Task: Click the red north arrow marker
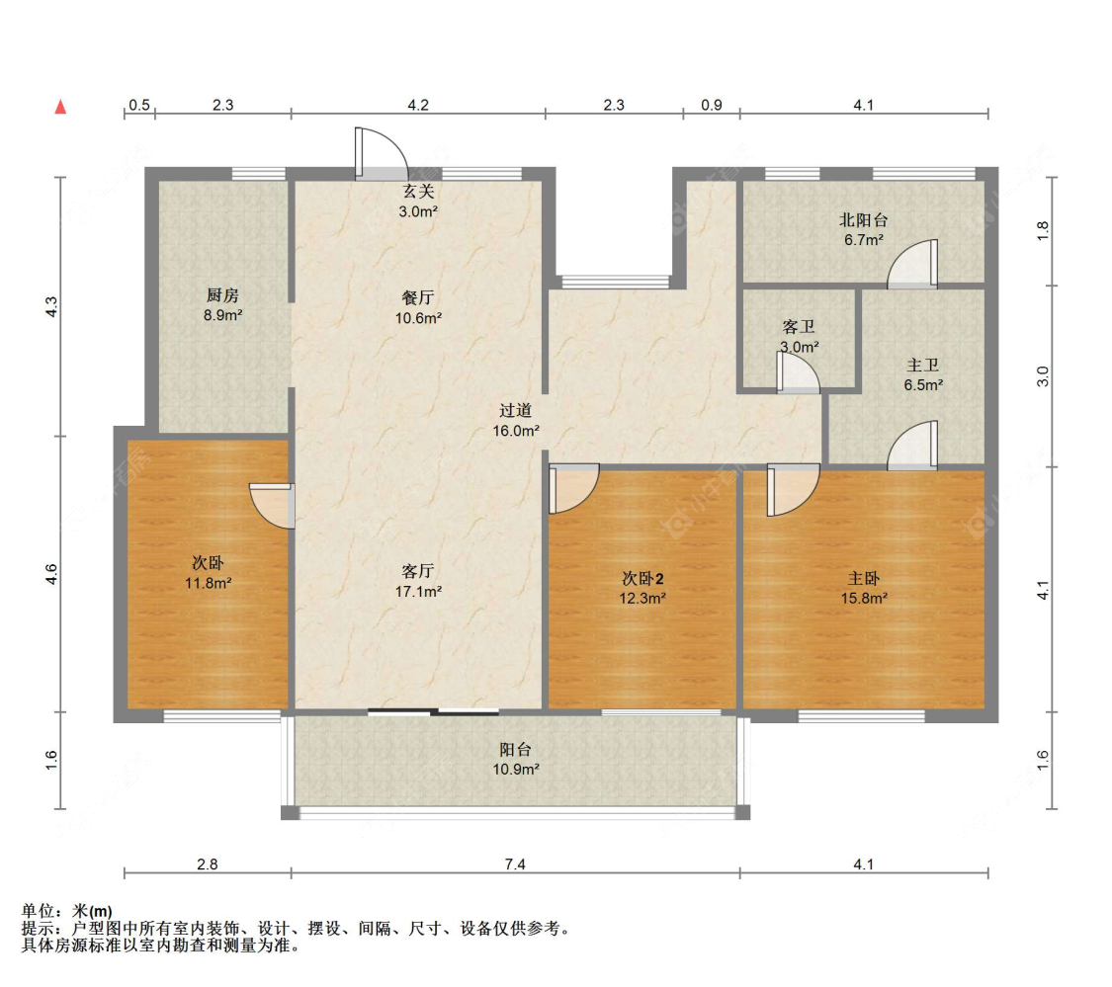tap(60, 106)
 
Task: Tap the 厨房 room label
tap(222, 294)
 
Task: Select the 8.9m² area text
tap(222, 315)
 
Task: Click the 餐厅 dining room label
tap(419, 296)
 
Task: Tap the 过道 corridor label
tap(516, 410)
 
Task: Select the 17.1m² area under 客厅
tap(419, 591)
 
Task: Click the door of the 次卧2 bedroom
tap(573, 488)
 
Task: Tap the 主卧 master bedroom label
tap(864, 578)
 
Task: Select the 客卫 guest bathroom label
tap(799, 326)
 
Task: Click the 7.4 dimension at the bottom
tap(515, 864)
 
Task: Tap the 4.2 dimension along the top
tap(418, 105)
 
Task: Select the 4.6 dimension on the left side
tap(53, 573)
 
